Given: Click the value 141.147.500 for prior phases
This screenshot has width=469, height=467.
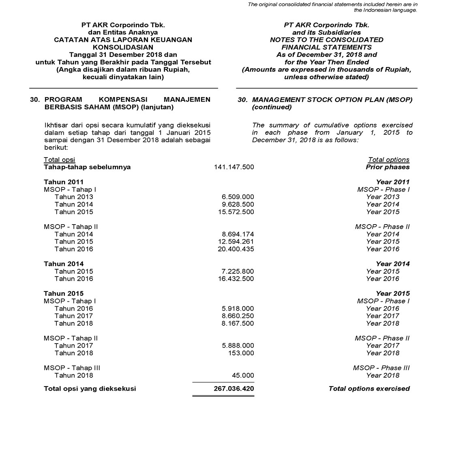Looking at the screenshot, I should tap(234, 167).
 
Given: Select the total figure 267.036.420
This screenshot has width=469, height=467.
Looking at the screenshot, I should tap(234, 389).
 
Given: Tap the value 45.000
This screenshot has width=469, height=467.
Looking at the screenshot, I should tap(243, 376).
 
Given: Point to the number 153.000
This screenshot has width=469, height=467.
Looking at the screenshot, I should tap(241, 353).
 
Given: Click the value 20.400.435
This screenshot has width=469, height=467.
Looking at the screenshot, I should tap(236, 249).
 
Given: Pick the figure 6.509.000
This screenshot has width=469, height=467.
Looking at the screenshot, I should tap(238, 197).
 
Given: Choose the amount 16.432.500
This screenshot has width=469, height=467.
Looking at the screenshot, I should tap(236, 279).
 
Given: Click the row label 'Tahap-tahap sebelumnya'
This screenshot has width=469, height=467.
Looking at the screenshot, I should tap(87, 167).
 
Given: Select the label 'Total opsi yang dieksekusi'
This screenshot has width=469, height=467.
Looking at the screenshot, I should tap(90, 389).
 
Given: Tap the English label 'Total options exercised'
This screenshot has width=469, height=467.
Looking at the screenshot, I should tap(369, 389).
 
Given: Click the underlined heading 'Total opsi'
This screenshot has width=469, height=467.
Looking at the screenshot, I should tap(60, 160).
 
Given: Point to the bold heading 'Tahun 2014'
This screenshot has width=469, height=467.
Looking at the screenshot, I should tap(64, 264).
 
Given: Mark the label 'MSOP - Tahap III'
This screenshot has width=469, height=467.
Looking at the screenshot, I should tap(72, 368).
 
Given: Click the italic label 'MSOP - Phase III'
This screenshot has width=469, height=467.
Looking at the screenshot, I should tap(381, 368).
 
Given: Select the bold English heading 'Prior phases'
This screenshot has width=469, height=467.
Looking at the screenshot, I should tap(388, 167).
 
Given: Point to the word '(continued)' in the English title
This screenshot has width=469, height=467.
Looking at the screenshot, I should tap(272, 107).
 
